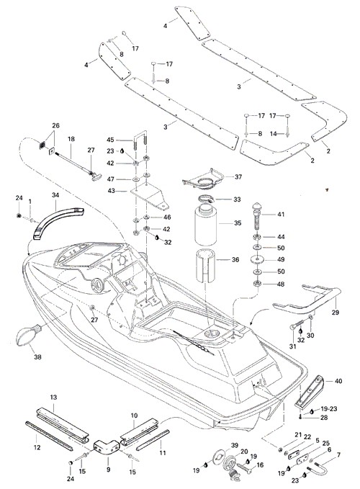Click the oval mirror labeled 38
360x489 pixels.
click(27, 336)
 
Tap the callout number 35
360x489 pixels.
click(238, 223)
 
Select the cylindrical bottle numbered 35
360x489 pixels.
click(205, 224)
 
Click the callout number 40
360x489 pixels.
click(338, 381)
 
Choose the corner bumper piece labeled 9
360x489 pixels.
click(107, 446)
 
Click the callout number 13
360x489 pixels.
click(53, 397)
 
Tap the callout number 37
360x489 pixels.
click(238, 177)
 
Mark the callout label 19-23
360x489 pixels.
click(329, 408)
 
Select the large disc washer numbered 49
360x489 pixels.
click(257, 259)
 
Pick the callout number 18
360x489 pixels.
click(71, 139)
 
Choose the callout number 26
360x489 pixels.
click(55, 125)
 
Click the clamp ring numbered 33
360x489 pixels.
click(206, 198)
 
